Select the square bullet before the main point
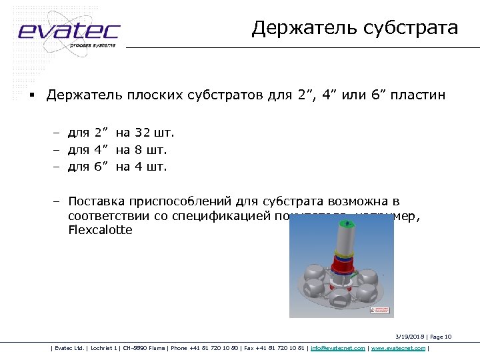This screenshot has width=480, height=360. [31, 96]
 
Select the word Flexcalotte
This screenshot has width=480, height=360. [100, 231]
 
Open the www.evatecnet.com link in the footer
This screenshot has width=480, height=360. [397, 347]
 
